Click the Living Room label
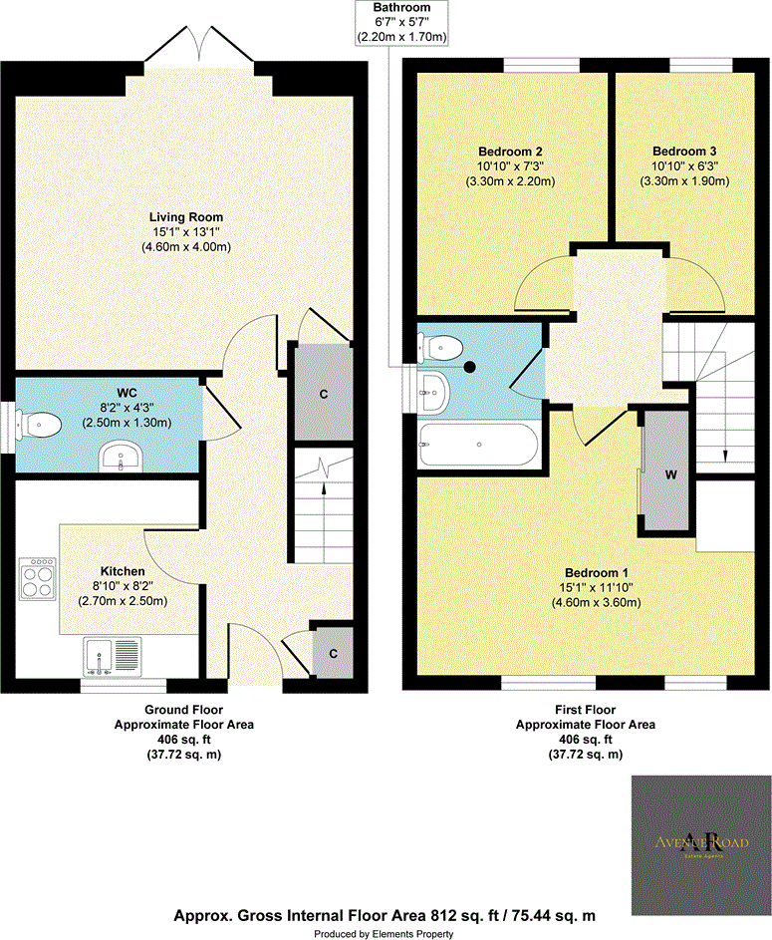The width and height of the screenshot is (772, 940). tap(186, 216)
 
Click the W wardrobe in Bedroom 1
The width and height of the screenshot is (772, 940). tap(670, 474)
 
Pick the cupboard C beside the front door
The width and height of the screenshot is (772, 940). tap(334, 653)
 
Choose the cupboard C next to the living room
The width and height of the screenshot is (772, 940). tap(323, 393)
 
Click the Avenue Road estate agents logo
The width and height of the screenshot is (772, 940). tap(700, 839)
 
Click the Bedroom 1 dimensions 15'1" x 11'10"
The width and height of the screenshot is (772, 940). tap(597, 587)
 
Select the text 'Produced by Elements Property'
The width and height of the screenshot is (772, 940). tap(385, 933)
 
